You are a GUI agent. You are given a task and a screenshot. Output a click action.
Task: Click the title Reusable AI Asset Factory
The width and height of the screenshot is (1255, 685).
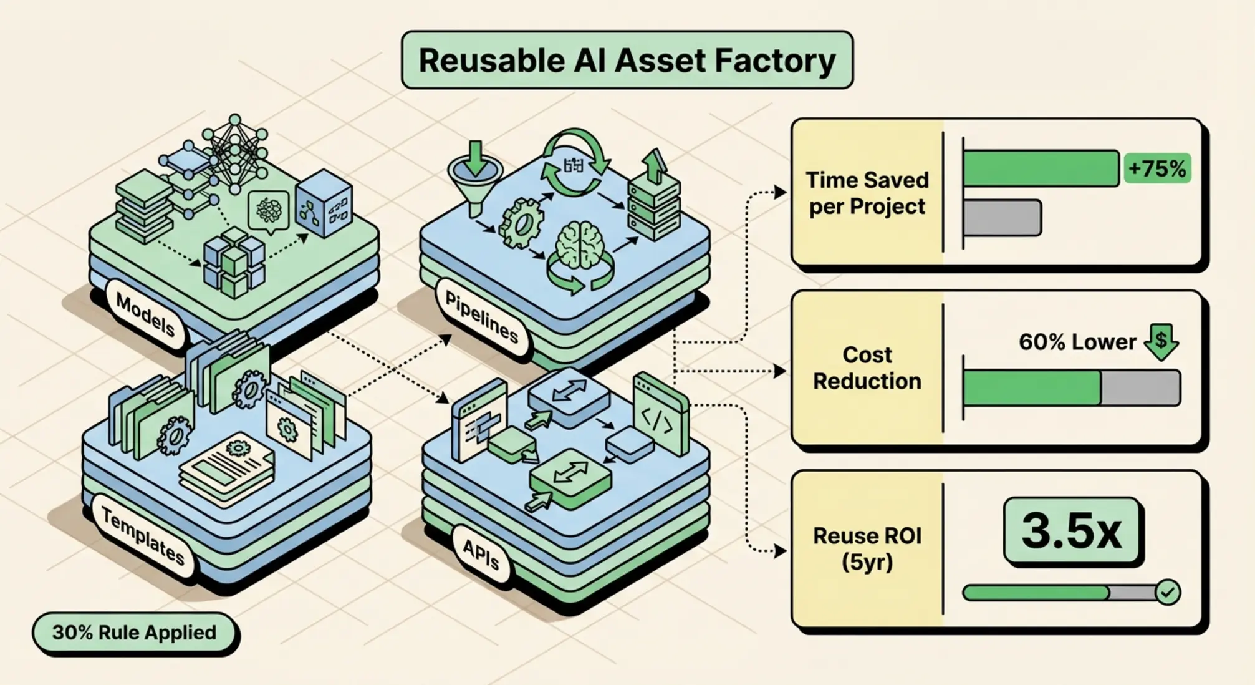(x=627, y=61)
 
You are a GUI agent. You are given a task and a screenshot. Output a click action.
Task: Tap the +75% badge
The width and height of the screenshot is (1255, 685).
(x=1157, y=168)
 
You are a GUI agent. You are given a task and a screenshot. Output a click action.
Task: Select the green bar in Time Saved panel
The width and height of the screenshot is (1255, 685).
(x=1040, y=168)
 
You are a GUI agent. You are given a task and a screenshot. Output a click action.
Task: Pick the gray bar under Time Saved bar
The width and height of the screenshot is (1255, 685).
(x=1002, y=218)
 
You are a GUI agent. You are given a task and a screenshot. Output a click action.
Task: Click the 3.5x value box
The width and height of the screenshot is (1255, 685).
(x=1071, y=532)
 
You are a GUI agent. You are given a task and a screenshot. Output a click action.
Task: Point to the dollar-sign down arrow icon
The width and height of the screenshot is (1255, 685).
(x=1161, y=341)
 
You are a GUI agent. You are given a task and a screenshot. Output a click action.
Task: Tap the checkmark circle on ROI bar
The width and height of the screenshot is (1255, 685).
(x=1167, y=592)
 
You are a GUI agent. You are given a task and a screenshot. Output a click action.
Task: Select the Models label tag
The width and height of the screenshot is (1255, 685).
(x=145, y=314)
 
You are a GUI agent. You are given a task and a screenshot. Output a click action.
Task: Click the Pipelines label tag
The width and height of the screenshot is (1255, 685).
(x=481, y=317)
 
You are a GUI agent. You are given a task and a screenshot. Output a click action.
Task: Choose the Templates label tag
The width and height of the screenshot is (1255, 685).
(x=143, y=536)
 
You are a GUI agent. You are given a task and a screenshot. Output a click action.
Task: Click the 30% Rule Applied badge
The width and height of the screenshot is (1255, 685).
(x=135, y=633)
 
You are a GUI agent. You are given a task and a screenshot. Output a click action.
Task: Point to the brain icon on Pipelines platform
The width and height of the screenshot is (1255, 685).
(x=580, y=245)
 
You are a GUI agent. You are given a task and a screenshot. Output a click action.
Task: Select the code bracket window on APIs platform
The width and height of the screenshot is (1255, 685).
(x=660, y=415)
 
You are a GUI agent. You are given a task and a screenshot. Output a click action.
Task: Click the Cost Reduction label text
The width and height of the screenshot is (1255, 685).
(x=867, y=367)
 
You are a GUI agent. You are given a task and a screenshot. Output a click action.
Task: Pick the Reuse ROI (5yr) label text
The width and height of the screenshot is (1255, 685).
(x=867, y=548)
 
